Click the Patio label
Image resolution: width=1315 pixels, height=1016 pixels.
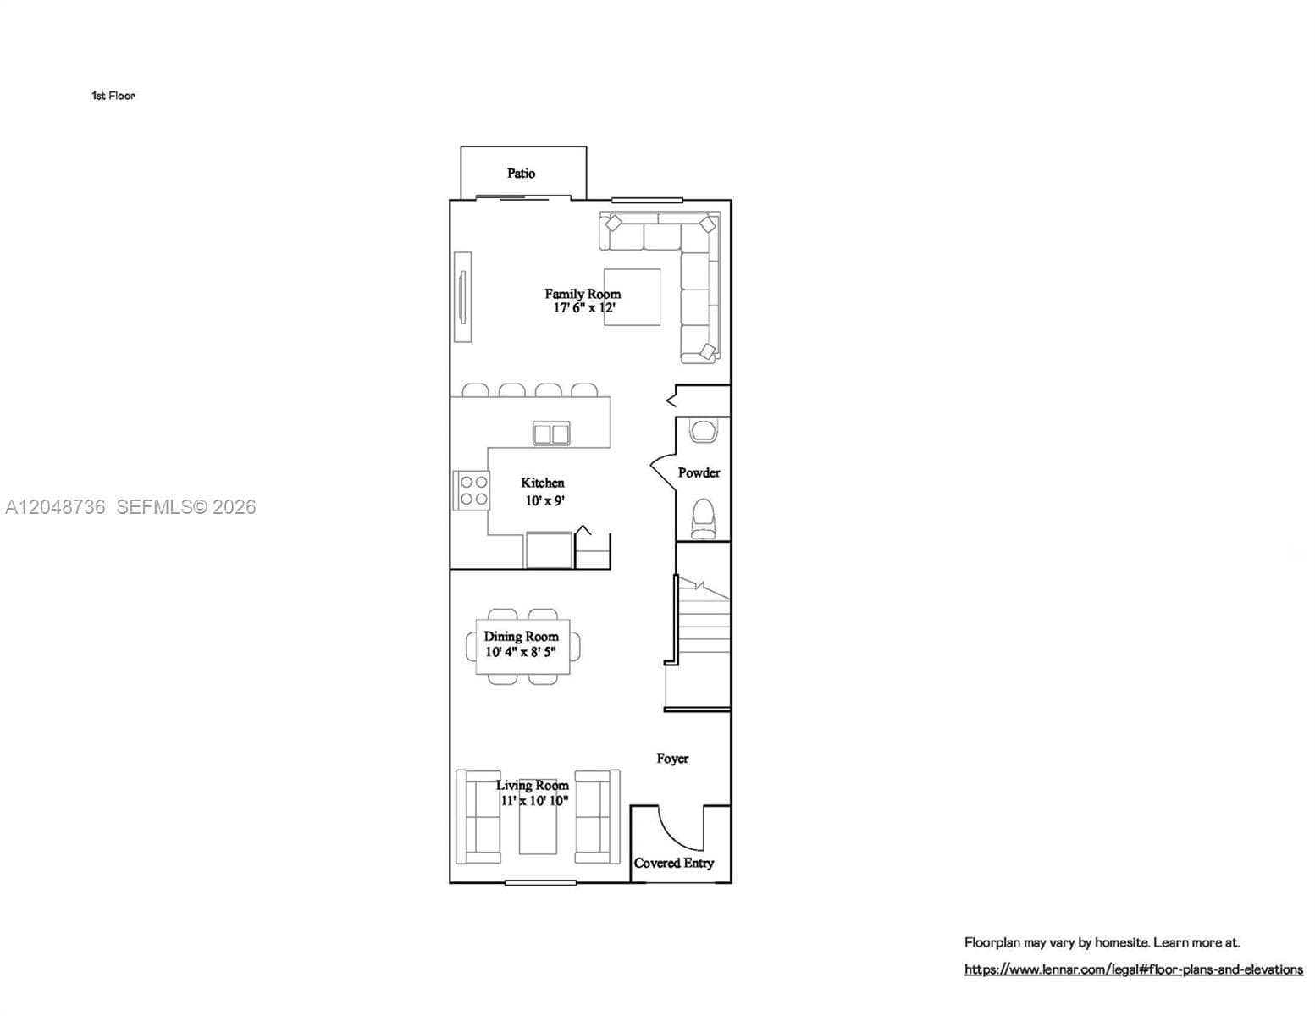[x=521, y=174]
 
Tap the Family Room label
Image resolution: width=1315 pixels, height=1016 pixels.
[x=583, y=294]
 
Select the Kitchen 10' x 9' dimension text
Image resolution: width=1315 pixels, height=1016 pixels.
[x=544, y=501]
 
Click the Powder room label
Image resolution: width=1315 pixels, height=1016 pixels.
[x=699, y=472]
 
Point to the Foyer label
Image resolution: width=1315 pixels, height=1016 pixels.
[x=672, y=759]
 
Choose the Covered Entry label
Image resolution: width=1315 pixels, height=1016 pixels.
[x=673, y=863]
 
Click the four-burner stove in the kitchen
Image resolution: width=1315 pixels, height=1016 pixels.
[x=472, y=491]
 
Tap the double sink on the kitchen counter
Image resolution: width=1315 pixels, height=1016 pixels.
[x=551, y=433]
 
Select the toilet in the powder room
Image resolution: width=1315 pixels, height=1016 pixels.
[x=703, y=519]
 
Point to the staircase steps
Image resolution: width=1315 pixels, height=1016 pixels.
[x=703, y=642]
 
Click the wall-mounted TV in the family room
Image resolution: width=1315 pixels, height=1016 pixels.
[x=463, y=297]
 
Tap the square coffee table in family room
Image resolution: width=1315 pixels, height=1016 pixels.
[x=633, y=297]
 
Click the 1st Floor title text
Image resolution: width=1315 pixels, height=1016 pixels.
[x=113, y=96]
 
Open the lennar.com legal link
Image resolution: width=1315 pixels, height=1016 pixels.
[x=1134, y=969]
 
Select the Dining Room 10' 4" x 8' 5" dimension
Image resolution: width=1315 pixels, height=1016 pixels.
[x=521, y=652]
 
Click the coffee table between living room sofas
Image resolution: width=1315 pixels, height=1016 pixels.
[x=538, y=817]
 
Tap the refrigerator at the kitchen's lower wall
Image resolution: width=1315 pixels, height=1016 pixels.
[x=549, y=550]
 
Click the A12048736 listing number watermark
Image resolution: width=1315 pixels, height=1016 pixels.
[x=55, y=507]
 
